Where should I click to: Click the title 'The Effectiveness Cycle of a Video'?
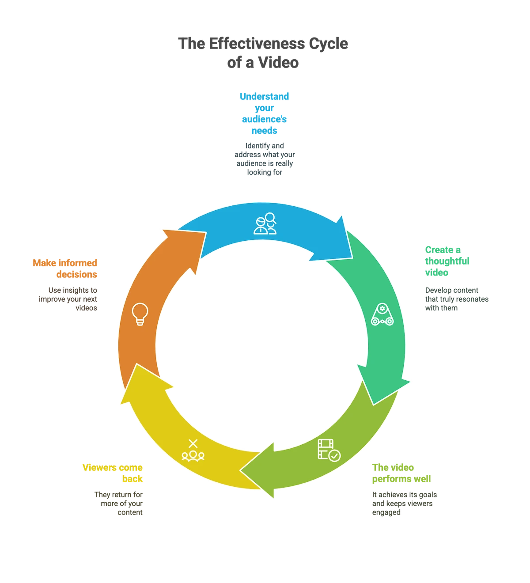264,53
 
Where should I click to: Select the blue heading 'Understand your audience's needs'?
264,114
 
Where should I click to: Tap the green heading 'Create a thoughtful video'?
447,261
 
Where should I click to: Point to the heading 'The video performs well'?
402,473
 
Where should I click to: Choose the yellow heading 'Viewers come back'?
113,473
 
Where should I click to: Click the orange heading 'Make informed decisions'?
65,269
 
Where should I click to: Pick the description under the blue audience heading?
265,159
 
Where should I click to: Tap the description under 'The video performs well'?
404,504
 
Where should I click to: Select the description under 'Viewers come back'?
118,504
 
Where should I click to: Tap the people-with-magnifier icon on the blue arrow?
265,223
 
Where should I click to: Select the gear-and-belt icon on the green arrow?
382,315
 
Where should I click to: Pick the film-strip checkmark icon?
329,450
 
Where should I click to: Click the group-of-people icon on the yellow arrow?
193,451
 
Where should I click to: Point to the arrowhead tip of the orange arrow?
164,231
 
